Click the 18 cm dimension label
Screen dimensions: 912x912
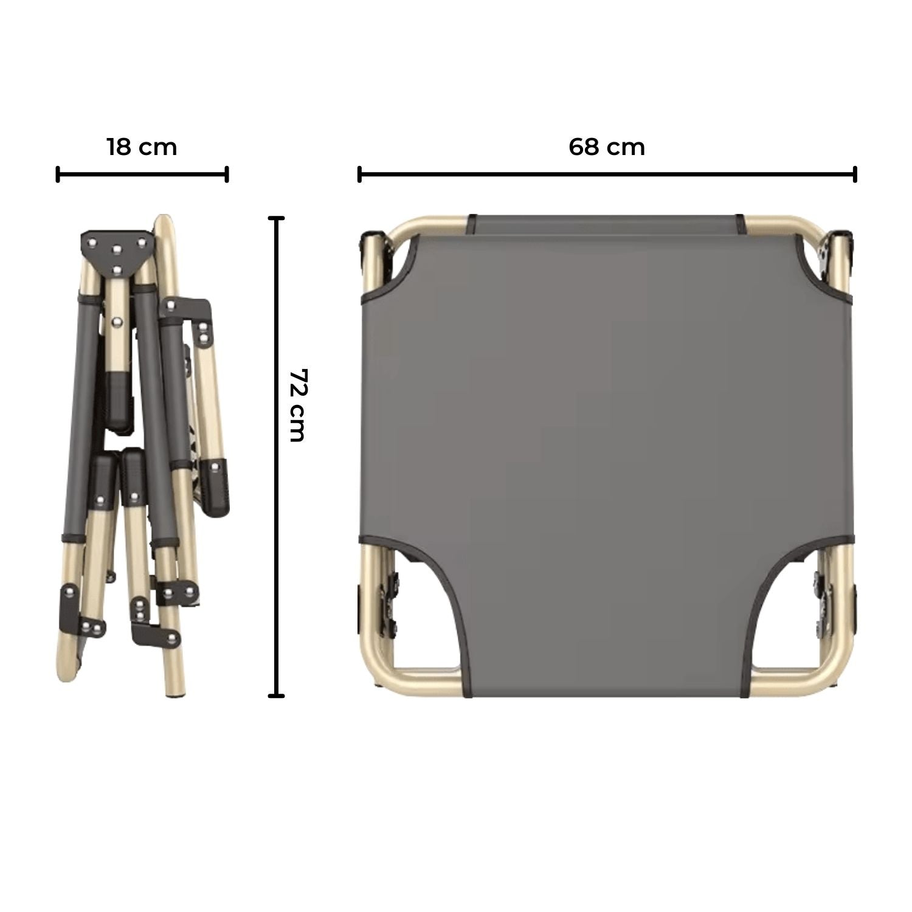click(142, 147)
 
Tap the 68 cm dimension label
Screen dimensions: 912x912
click(607, 147)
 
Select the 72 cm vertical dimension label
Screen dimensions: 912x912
click(297, 404)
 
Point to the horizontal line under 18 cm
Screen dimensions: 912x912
click(142, 174)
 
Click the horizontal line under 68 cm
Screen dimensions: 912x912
click(607, 174)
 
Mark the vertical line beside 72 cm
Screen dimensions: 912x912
click(277, 457)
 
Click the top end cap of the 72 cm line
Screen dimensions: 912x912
click(277, 218)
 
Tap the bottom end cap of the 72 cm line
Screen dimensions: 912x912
click(277, 695)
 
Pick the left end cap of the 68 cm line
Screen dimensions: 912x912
click(360, 174)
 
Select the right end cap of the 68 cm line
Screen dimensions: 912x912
click(855, 174)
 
